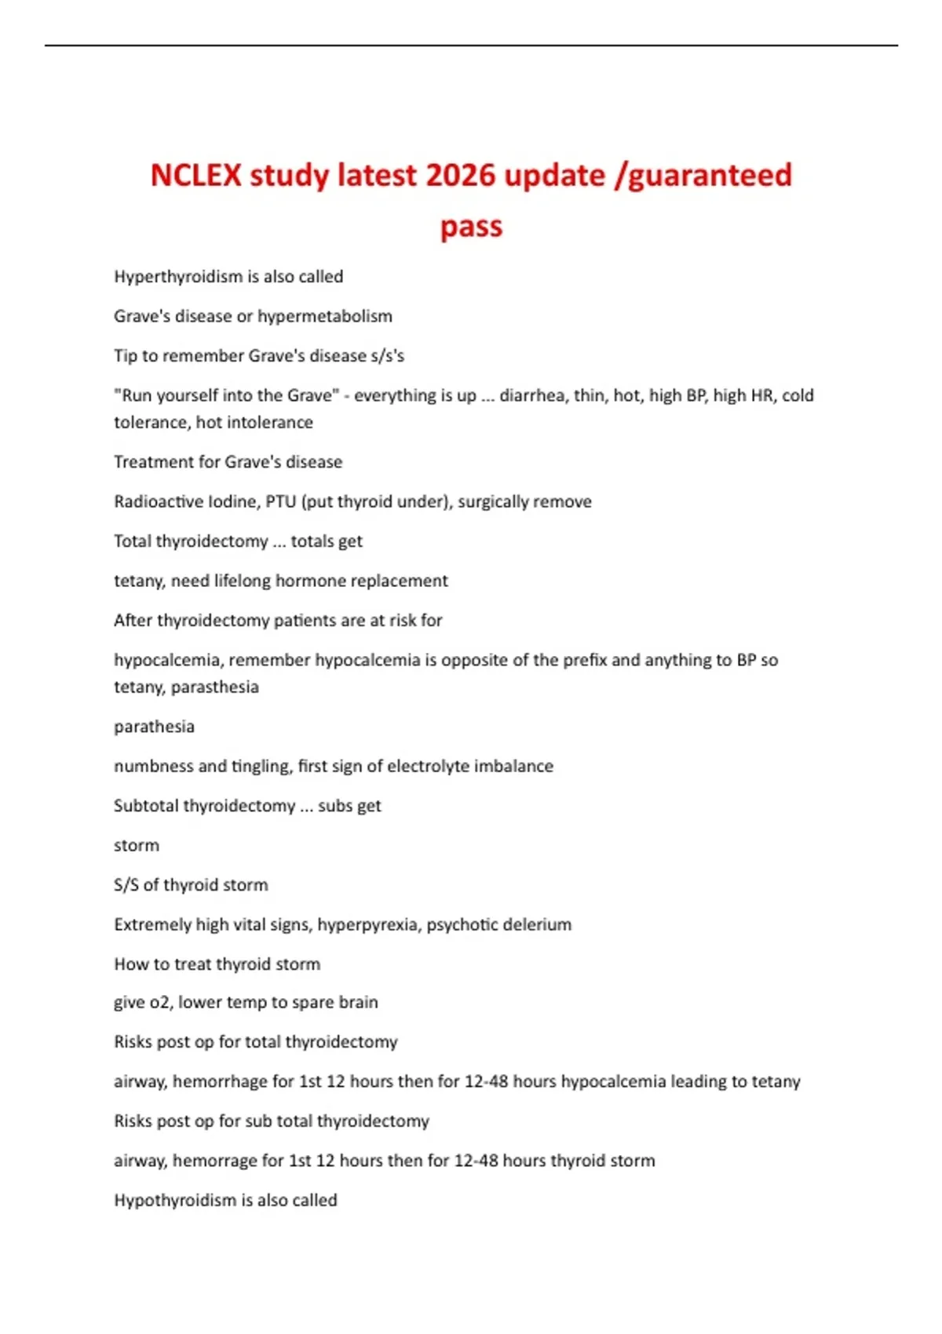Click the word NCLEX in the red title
point(195,175)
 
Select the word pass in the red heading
point(471,227)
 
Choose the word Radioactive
point(152,501)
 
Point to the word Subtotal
point(145,806)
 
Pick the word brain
point(358,1003)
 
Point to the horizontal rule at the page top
point(471,46)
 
